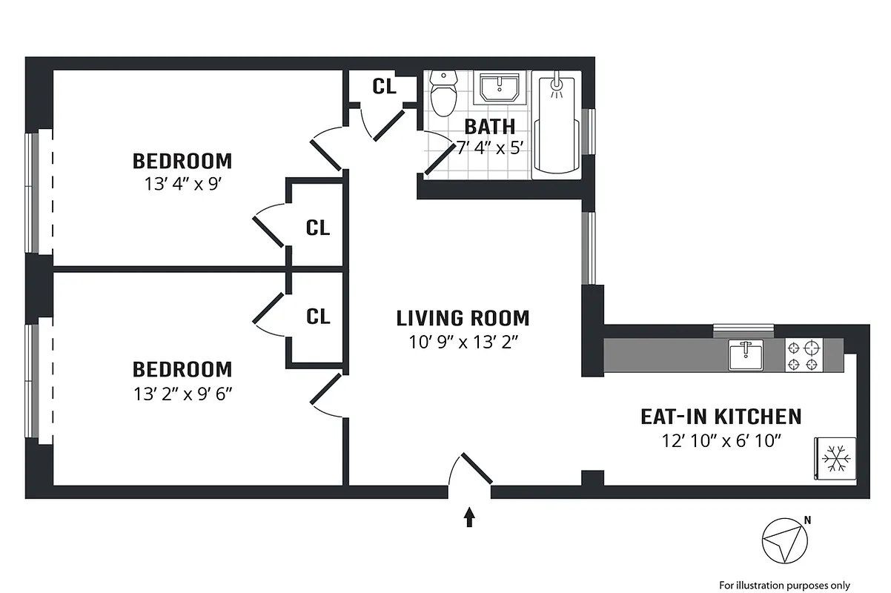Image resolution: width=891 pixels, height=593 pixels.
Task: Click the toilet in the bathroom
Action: tap(444, 94)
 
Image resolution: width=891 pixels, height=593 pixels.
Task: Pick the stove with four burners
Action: tap(804, 355)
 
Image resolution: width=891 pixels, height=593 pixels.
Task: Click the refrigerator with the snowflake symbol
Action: tap(835, 459)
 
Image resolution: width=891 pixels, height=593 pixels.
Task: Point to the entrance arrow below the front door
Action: tap(469, 516)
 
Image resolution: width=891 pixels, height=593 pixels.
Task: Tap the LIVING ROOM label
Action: tap(463, 319)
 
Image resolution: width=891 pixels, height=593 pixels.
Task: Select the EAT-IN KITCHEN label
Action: tap(721, 416)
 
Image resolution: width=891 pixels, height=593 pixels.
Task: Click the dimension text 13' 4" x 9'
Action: tap(182, 185)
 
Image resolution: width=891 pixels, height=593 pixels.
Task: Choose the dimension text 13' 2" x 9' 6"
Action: tap(182, 393)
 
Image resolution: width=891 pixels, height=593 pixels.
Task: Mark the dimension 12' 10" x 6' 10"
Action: tap(723, 440)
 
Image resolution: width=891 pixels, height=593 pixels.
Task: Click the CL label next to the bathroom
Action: tap(384, 86)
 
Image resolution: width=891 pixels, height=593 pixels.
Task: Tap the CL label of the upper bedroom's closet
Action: tap(318, 228)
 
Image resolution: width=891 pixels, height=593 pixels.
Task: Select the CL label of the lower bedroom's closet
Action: tap(318, 317)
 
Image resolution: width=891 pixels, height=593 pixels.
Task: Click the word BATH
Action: tap(489, 126)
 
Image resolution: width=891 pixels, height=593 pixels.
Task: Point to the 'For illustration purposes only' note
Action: tap(784, 584)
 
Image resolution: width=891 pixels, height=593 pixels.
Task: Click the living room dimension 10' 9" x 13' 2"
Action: tap(463, 342)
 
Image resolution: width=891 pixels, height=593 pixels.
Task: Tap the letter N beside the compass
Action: tap(808, 520)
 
